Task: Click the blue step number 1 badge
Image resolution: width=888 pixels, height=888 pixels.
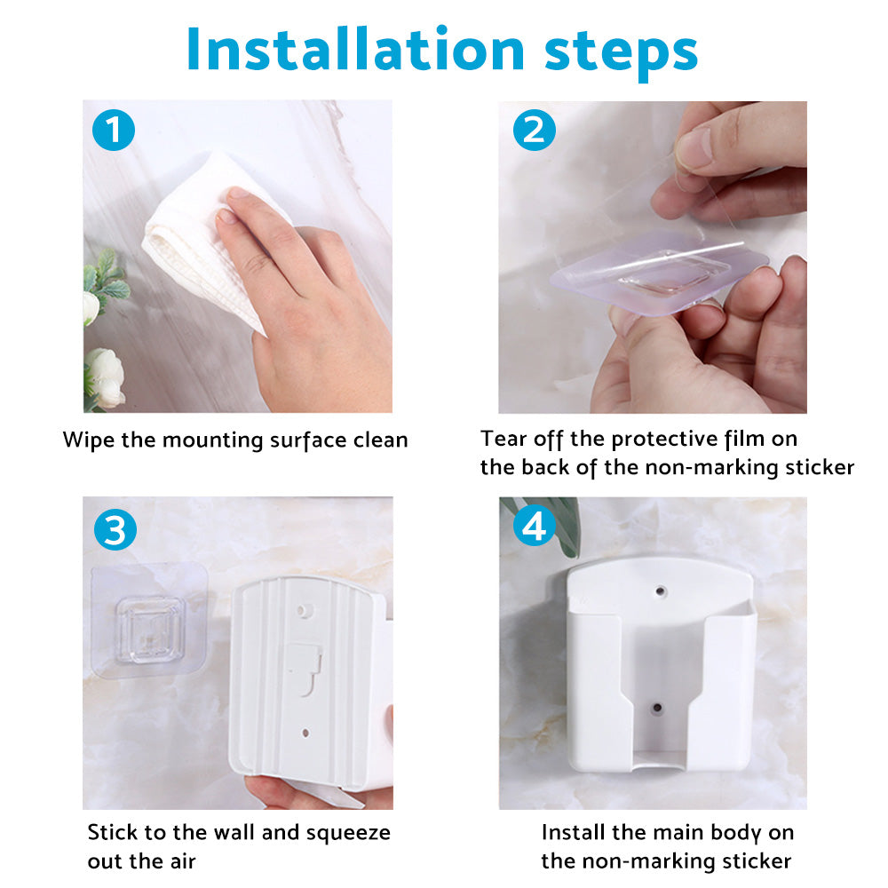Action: pos(113,131)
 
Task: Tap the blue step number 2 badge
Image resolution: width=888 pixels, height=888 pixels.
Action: pos(534,131)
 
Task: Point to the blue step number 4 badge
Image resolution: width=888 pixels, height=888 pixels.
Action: pos(534,527)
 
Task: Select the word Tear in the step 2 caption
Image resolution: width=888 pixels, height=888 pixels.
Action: pos(501,439)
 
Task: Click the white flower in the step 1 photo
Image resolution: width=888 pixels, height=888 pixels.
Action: pos(106,377)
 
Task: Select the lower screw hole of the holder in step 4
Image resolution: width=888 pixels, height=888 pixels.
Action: pos(657,709)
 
